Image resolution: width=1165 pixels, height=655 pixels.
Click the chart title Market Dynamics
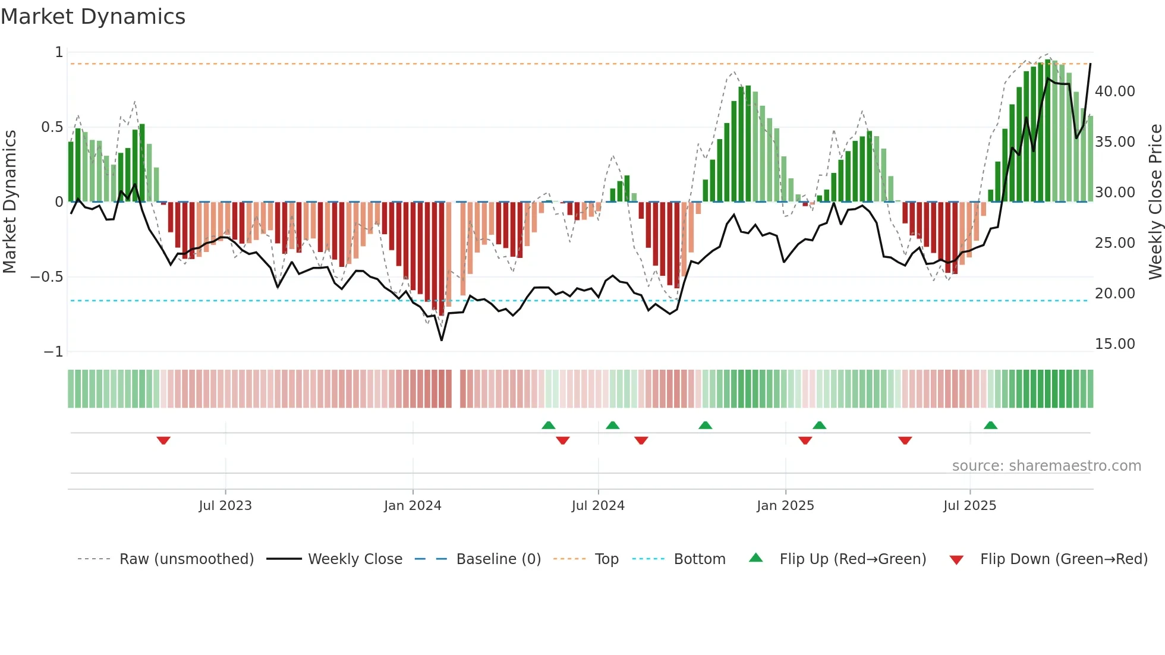click(93, 17)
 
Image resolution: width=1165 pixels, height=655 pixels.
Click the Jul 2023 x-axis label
click(225, 506)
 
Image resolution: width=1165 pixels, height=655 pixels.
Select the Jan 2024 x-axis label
click(413, 506)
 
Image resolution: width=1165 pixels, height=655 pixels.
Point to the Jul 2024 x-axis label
click(598, 506)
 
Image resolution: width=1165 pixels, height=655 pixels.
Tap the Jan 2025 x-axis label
click(785, 506)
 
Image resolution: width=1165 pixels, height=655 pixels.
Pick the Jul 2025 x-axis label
click(969, 506)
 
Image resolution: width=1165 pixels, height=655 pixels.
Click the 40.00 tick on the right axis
click(1114, 92)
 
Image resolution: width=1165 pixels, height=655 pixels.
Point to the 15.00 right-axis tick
click(1114, 344)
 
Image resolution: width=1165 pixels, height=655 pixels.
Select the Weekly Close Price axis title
click(1155, 201)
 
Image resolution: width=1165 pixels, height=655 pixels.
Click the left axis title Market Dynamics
click(10, 201)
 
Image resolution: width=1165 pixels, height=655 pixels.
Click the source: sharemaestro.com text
click(1046, 466)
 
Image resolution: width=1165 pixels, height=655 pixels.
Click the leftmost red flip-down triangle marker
click(163, 440)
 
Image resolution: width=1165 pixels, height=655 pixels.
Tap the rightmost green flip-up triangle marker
click(990, 425)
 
